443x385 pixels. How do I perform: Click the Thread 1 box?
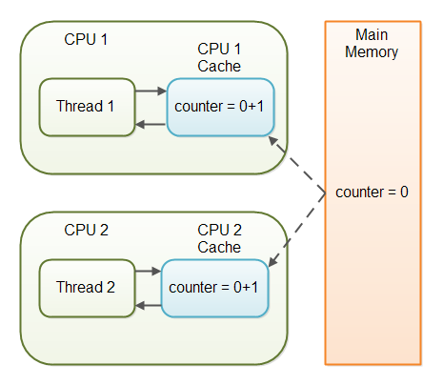pyautogui.click(x=86, y=107)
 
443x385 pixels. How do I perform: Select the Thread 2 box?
pyautogui.click(x=86, y=287)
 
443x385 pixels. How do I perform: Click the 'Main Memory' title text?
pyautogui.click(x=372, y=43)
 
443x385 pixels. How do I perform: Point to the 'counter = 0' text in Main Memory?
pyautogui.click(x=372, y=192)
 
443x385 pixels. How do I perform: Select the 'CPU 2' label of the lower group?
pyautogui.click(x=86, y=230)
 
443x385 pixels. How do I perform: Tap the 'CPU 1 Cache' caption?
pyautogui.click(x=219, y=56)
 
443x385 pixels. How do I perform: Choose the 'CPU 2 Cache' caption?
pyautogui.click(x=219, y=238)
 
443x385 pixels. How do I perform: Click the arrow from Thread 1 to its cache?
pyautogui.click(x=150, y=92)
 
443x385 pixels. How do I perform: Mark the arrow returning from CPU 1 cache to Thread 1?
pyautogui.click(x=150, y=125)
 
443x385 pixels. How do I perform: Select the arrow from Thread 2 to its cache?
pyautogui.click(x=148, y=272)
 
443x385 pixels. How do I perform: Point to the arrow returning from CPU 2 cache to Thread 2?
pyautogui.click(x=148, y=305)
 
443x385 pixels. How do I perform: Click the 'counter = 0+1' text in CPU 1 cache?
pyautogui.click(x=221, y=106)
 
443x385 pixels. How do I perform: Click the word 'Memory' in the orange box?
pyautogui.click(x=372, y=51)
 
